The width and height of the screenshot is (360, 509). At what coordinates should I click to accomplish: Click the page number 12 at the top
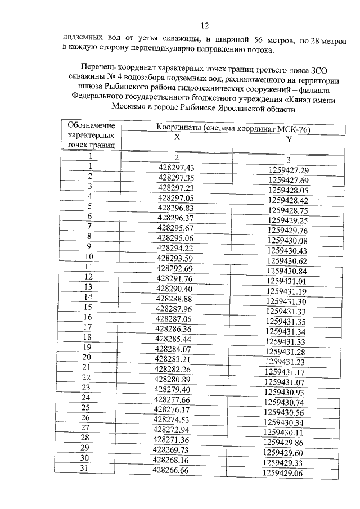(x=205, y=25)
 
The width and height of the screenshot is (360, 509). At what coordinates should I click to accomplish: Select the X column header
(x=177, y=138)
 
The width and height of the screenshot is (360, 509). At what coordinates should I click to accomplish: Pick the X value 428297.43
(x=177, y=168)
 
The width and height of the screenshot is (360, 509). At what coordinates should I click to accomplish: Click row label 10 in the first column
(x=89, y=257)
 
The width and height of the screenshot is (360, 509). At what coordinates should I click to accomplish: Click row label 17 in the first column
(x=87, y=326)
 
